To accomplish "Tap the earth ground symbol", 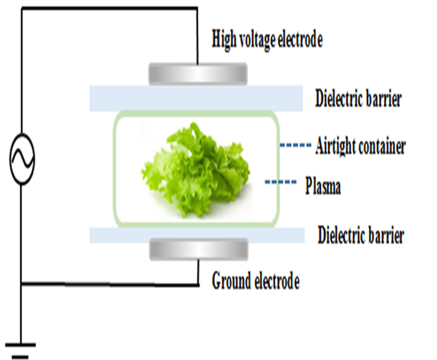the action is tap(20, 350).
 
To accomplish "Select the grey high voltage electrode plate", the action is tap(198, 74).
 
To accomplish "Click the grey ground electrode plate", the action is tap(199, 249).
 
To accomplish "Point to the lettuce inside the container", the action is tap(196, 170).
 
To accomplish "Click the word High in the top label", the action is tap(224, 40).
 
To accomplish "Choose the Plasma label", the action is tap(323, 185).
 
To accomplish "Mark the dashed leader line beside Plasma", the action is tap(281, 182).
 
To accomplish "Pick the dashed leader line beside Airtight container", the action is tap(295, 144).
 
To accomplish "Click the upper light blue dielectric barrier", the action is tap(196, 99).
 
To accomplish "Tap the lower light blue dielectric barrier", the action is tap(197, 235).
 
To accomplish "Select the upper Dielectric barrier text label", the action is tap(358, 99).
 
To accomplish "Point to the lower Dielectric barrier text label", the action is tap(361, 236).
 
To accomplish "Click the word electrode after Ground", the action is tap(277, 281).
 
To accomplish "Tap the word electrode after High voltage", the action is tap(301, 40).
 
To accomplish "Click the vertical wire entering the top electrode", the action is tap(197, 36).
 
